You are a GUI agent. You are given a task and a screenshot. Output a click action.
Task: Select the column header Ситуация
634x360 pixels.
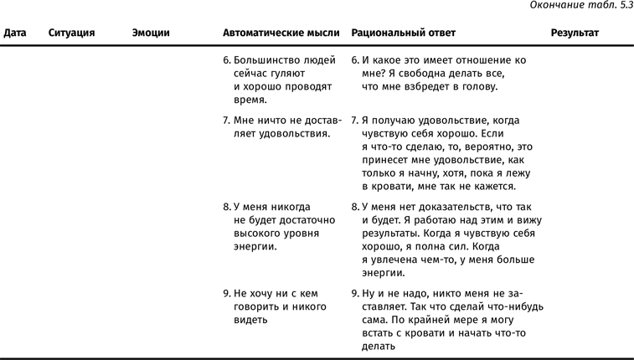click(x=71, y=33)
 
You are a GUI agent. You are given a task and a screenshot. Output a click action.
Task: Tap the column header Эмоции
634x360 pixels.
click(x=151, y=33)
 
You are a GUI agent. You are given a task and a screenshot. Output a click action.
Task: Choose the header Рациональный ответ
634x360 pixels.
click(x=404, y=33)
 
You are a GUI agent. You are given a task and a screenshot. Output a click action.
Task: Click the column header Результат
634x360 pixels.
click(x=575, y=33)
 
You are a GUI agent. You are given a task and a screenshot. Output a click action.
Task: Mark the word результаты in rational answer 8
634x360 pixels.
click(x=389, y=234)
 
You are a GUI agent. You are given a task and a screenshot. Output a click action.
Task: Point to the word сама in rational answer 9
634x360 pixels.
click(x=373, y=319)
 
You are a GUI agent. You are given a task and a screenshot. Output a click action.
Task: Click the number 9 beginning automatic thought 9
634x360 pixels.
click(x=227, y=294)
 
